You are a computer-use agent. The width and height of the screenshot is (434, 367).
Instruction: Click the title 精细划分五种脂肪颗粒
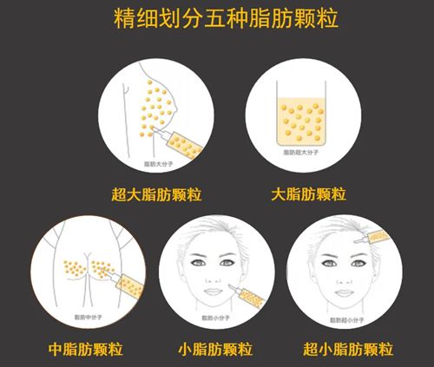tap(216, 18)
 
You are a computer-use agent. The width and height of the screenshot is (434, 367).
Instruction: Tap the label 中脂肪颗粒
tap(85, 350)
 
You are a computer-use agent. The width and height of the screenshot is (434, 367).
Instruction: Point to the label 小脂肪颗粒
tap(218, 350)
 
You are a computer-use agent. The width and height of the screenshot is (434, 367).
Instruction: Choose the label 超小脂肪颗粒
tap(349, 350)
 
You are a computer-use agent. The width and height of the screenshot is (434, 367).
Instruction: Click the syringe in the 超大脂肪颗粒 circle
tap(180, 141)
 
